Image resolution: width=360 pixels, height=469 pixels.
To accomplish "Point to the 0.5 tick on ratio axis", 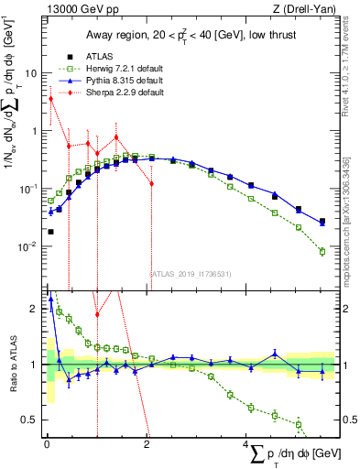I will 31,420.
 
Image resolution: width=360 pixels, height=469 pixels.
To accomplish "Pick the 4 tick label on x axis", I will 245,444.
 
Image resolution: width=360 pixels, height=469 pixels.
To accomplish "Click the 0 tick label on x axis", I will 47,444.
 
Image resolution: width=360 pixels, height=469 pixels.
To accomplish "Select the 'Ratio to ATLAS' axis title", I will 12,364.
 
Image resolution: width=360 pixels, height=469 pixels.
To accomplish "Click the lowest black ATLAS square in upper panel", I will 50,232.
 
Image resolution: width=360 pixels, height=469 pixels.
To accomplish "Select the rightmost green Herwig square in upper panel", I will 322,251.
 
